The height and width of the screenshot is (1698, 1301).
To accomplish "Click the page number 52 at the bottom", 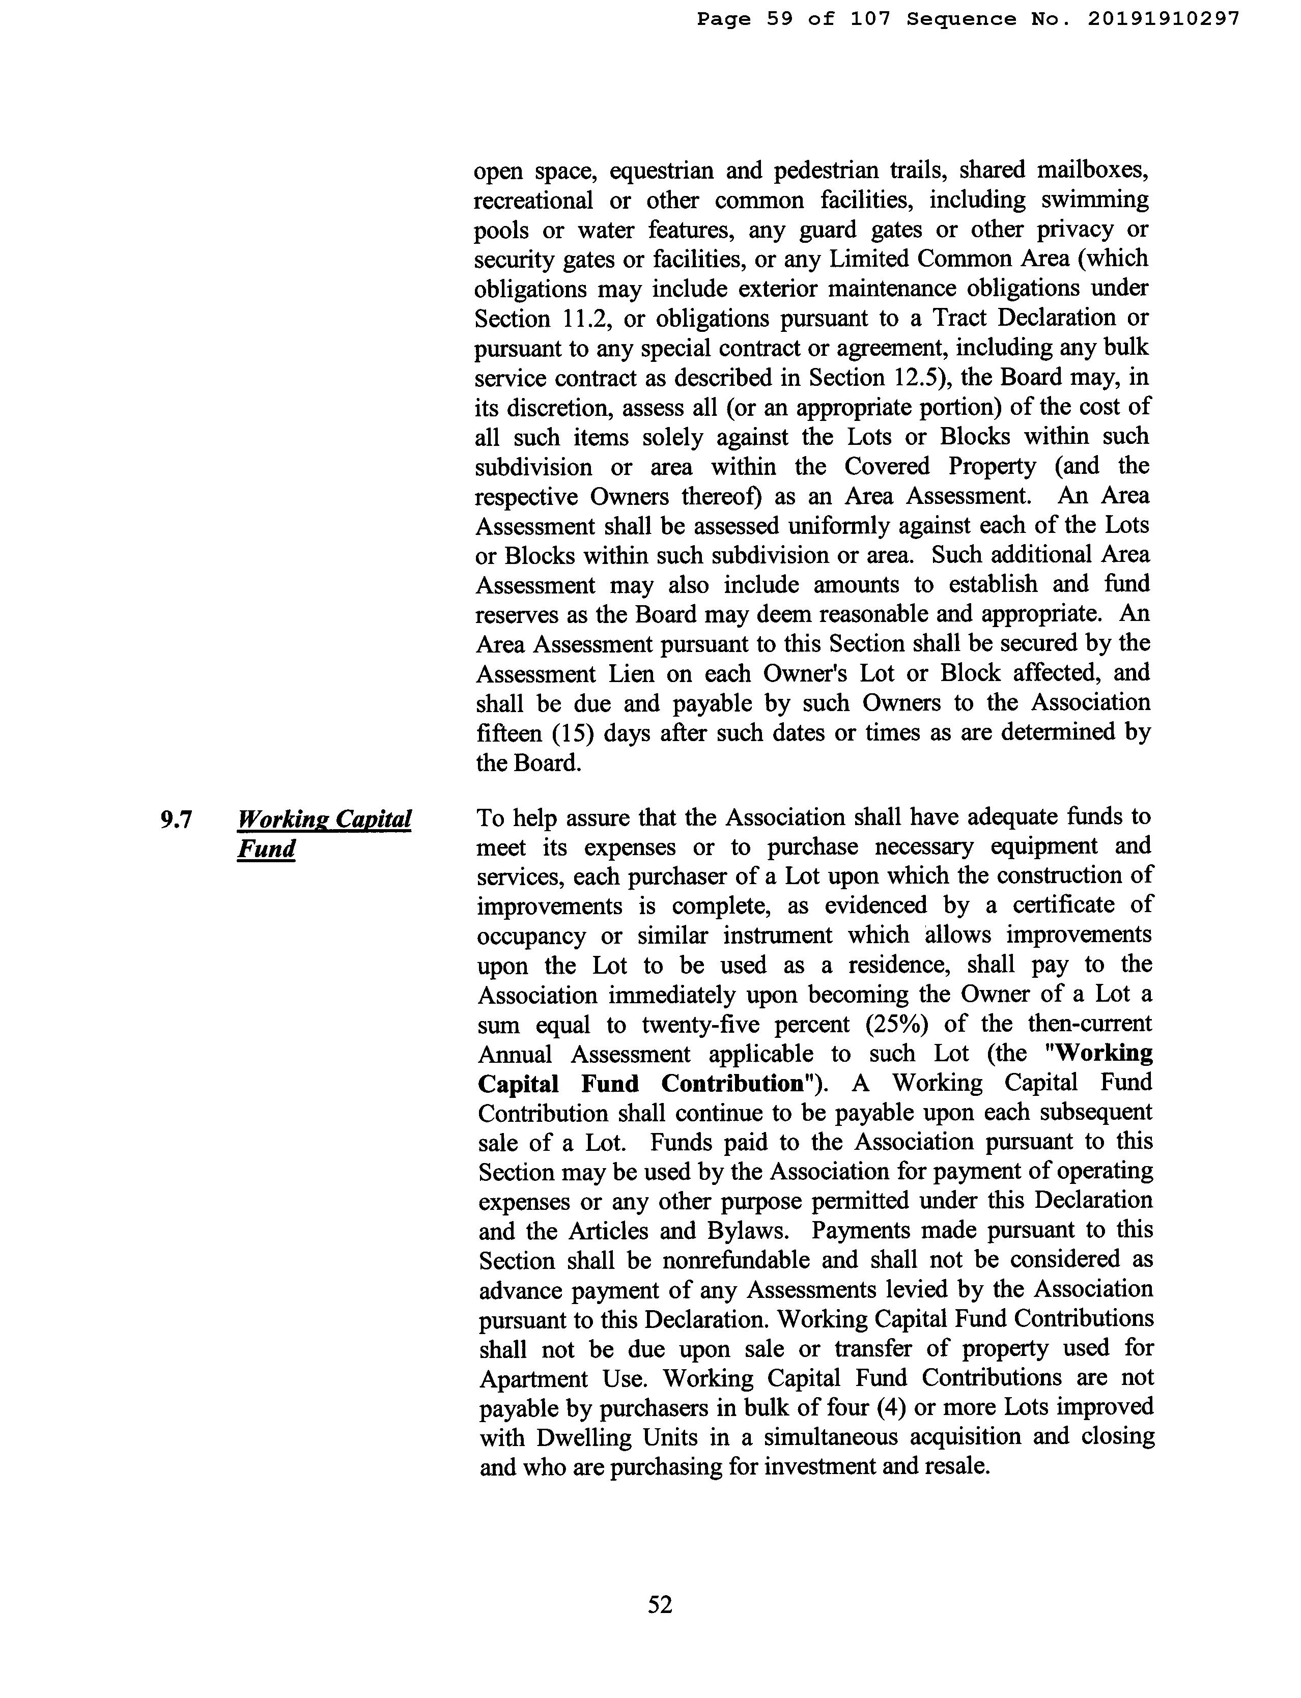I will click(660, 1604).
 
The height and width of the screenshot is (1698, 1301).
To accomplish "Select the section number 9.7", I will click(176, 819).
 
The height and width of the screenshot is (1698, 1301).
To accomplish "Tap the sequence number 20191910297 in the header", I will click(1163, 19).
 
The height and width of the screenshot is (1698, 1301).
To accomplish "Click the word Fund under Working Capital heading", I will click(266, 850).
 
